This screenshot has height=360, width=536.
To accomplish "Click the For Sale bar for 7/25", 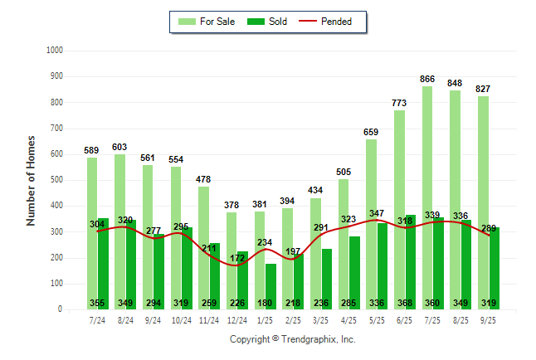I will pos(427,191).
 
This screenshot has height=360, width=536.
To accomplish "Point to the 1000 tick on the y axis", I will pos(55,51).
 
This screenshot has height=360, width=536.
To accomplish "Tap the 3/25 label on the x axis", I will pos(321,320).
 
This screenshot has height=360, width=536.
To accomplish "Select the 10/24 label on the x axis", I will pos(182,320).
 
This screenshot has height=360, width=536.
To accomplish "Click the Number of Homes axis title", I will pos(32,180).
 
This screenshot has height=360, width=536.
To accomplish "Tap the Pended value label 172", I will pos(237,259).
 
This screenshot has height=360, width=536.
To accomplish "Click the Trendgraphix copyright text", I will pos(292,339).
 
